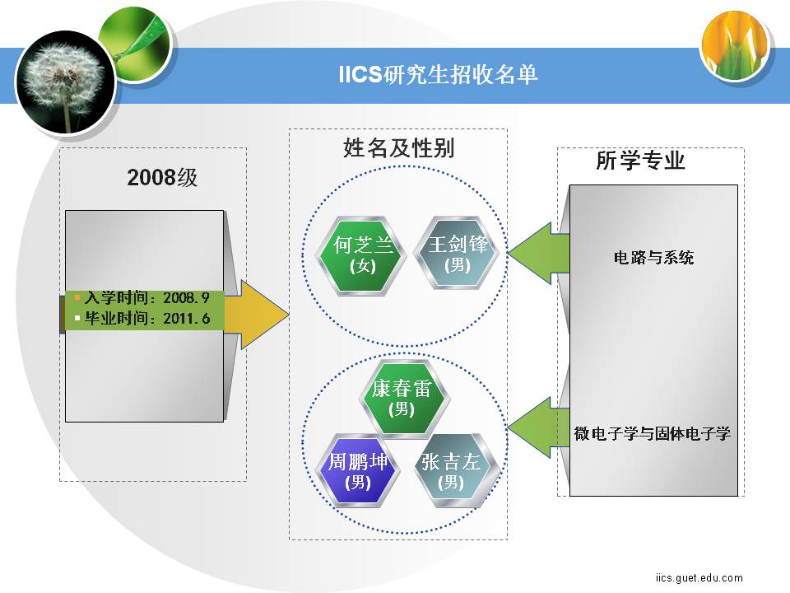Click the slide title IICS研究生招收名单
click(438, 74)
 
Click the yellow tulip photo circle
click(736, 45)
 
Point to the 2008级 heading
click(162, 178)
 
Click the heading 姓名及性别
click(398, 147)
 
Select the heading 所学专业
click(640, 161)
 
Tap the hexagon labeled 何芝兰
click(362, 254)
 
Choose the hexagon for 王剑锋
click(458, 252)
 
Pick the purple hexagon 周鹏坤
click(358, 470)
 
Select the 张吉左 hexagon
click(452, 470)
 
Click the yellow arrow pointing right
click(257, 315)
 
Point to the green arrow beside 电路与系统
click(538, 253)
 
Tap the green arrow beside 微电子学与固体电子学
click(538, 427)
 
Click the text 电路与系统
click(653, 258)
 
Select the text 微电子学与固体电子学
click(653, 433)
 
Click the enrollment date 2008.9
click(186, 297)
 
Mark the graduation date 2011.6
click(186, 318)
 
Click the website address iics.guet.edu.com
click(699, 578)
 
